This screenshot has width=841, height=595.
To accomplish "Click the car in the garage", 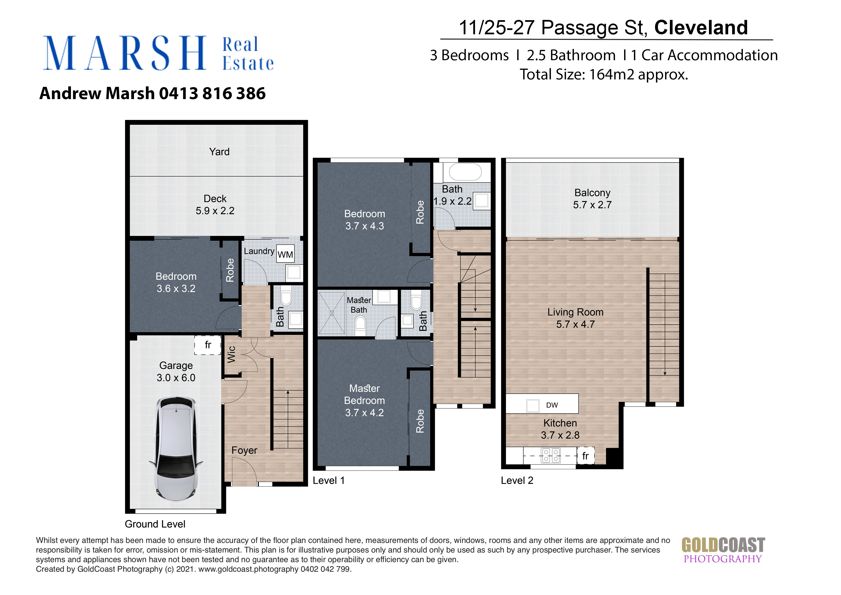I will pos(176,449).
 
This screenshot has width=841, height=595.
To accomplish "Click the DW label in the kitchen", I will pos(552,405).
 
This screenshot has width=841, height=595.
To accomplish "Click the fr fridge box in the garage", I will pos(208,345).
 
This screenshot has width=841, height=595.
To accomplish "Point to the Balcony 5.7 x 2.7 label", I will pos(592,199).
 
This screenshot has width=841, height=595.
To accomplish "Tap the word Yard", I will pos(219,152).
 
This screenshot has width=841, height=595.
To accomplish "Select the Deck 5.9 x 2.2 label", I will pos(215,205).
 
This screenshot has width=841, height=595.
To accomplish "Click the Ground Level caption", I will pos(155,524).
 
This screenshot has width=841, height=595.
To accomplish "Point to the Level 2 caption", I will pos(517,481).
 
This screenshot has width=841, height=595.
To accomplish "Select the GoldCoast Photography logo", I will pos(723,550).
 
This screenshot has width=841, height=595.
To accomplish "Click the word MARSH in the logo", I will pos(125,53).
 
